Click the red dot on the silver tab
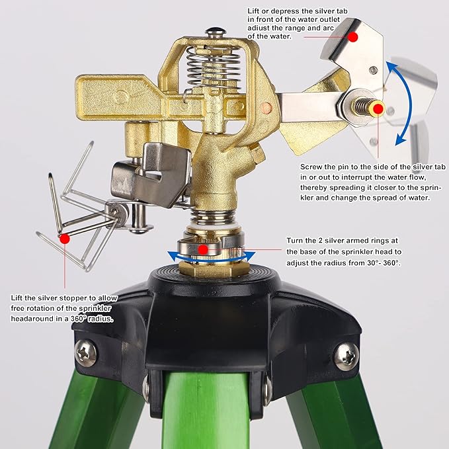[x=352, y=38]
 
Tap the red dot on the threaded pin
[x=377, y=108]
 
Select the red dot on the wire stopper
[x=64, y=238]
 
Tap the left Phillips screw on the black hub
[x=86, y=352]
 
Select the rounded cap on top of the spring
[x=213, y=32]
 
